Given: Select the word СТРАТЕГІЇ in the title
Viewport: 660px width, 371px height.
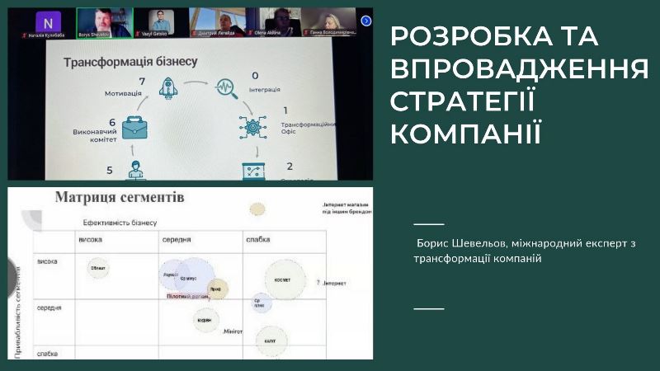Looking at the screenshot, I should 463,101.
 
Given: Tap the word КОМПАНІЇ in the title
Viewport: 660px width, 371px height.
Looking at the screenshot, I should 465,132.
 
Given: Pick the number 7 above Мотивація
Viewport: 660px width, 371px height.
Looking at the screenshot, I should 142,81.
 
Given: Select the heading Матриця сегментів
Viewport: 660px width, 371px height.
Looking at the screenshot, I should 120,198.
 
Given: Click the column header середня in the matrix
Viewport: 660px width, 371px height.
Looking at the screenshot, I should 177,240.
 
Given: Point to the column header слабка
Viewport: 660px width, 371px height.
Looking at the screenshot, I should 257,240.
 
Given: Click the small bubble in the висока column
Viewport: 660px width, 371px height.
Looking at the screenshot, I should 99,267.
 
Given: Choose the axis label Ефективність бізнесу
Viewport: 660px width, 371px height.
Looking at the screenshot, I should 120,223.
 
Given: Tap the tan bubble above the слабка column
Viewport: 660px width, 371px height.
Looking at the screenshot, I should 257,209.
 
